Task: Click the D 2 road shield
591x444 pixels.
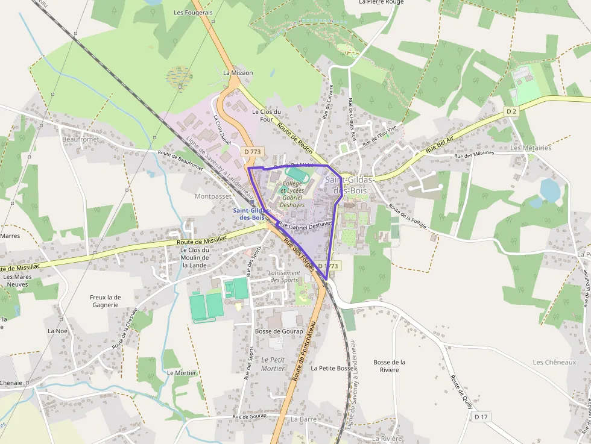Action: click(511, 111)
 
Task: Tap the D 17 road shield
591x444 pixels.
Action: click(481, 416)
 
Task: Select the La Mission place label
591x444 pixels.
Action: click(238, 73)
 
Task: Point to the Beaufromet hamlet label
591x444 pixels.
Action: click(80, 139)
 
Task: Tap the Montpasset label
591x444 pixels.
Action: click(213, 196)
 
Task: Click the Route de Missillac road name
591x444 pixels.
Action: click(202, 241)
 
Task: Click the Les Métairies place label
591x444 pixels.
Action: click(531, 148)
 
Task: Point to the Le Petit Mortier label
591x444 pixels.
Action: click(273, 364)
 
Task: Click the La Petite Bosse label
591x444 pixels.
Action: click(332, 367)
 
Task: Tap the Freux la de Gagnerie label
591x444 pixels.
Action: click(106, 301)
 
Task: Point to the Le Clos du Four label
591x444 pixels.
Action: click(267, 115)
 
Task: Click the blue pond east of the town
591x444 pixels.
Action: click(550, 190)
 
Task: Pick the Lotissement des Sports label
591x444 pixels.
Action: click(284, 277)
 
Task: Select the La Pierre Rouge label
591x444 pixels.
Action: click(381, 2)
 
